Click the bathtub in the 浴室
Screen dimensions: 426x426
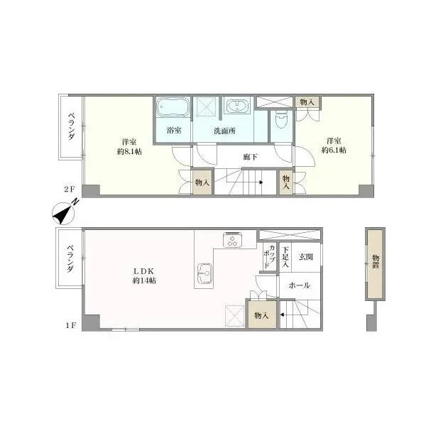173,106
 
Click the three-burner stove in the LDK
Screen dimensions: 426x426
232,240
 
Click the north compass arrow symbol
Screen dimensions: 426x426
65,212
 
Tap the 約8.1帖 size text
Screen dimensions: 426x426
129,152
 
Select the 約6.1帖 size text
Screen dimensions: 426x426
334,150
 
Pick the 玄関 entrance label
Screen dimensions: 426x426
306,257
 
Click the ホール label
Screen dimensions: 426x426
299,285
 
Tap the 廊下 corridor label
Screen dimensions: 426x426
250,157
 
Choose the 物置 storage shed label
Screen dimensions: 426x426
376,262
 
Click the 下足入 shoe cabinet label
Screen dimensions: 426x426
285,257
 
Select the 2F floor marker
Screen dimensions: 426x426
70,189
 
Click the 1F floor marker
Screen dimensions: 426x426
70,325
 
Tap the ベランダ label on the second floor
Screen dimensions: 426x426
71,126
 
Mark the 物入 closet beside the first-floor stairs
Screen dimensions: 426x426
261,315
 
